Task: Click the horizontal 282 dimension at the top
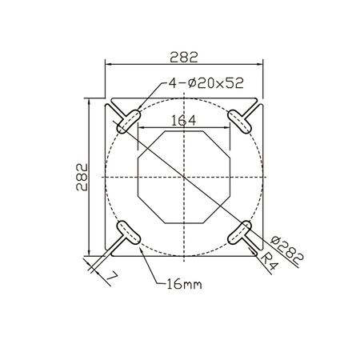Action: (184, 57)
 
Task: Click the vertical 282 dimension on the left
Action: (82, 177)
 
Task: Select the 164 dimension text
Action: (183, 121)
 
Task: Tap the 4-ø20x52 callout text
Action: (206, 83)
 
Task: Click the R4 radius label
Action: (269, 262)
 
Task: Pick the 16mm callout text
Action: (184, 284)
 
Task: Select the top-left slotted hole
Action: (129, 122)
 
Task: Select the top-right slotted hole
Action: (239, 122)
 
